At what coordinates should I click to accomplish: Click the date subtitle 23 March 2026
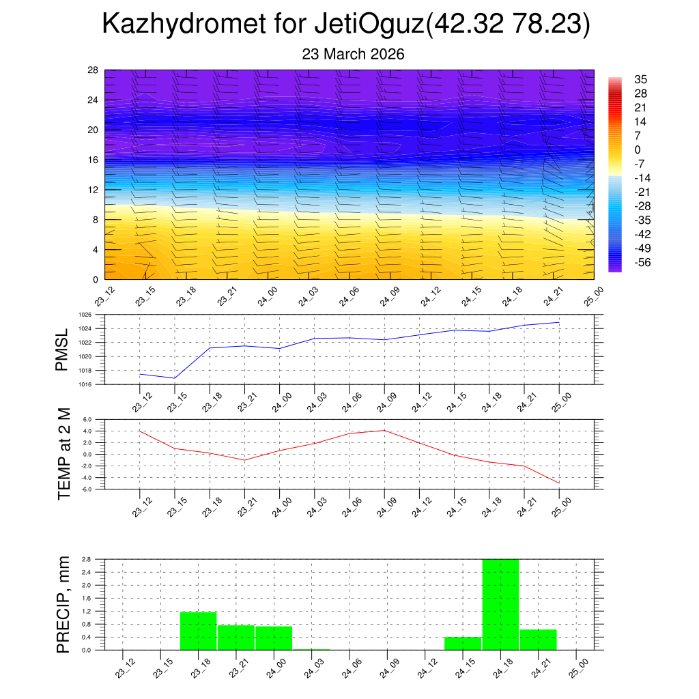pos(353,55)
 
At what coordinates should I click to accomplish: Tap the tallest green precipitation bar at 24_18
pos(500,604)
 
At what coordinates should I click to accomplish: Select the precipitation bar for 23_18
pos(198,631)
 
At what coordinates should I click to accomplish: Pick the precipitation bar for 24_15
pos(463,643)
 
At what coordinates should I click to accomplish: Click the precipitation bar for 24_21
pos(539,640)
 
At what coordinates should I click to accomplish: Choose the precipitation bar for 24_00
pos(274,638)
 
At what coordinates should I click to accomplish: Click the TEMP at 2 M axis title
pos(63,454)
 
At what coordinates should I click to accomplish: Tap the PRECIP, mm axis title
pos(63,604)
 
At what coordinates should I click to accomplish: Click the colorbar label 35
pos(640,79)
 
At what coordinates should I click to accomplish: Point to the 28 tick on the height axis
pos(94,70)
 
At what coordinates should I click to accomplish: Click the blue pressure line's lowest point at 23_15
pos(175,378)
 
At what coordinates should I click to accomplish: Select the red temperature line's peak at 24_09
pos(384,430)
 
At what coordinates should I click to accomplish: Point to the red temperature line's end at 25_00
pos(559,483)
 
